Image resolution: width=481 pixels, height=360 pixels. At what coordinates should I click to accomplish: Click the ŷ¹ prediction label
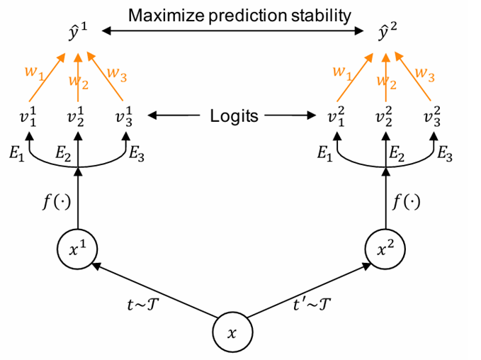pos(78,31)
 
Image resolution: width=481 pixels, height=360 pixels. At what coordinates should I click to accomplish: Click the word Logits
pos(234,116)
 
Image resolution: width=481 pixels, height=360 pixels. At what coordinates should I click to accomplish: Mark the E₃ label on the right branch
pos(444,155)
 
